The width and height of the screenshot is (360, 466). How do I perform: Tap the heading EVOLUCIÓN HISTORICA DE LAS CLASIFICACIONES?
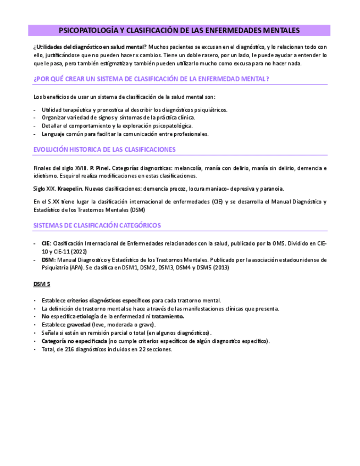click(x=104, y=149)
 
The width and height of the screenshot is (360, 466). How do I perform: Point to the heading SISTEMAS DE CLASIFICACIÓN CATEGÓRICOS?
click(x=97, y=225)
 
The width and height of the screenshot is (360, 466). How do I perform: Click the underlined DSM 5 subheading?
click(x=42, y=284)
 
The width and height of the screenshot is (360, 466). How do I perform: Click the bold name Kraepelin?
click(x=70, y=188)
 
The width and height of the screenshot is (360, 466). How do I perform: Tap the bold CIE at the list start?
click(x=46, y=243)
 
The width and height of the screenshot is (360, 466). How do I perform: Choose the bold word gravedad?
click(x=79, y=325)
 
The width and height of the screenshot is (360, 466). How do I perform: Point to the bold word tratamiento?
click(x=168, y=317)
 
